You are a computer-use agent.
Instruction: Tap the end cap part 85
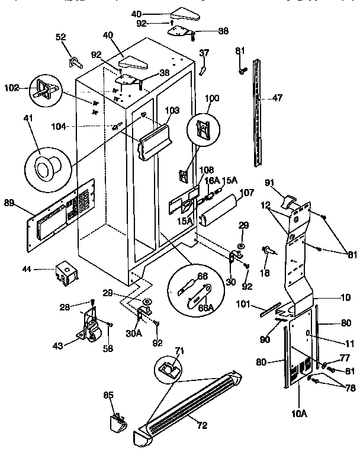pos(116,422)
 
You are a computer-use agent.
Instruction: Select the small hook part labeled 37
pos(202,71)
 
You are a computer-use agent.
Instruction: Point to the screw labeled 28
pos(92,303)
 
